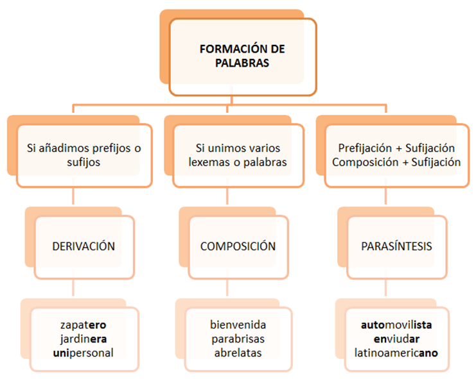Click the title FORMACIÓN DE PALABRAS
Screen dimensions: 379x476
click(242, 56)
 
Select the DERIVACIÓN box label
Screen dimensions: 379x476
click(84, 246)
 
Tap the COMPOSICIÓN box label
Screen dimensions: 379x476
click(238, 246)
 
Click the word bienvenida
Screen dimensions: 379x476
click(238, 324)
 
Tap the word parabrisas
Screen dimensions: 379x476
click(238, 339)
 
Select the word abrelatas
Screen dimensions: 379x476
click(238, 353)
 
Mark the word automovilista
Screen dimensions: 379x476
click(396, 324)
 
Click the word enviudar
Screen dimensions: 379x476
click(396, 339)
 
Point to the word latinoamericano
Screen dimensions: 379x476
click(396, 353)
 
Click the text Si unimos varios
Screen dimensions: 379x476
click(238, 148)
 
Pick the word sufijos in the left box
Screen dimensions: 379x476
click(84, 162)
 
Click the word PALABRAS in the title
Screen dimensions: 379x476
click(242, 63)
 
